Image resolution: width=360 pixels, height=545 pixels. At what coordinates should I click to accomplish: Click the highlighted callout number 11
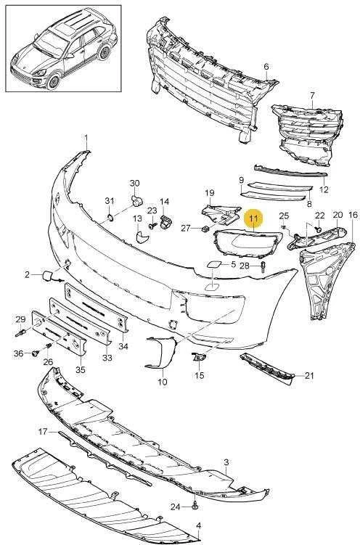(254, 219)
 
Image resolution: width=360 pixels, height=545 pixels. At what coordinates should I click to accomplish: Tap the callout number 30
(134, 183)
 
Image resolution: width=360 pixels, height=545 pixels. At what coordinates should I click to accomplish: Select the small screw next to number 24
(195, 506)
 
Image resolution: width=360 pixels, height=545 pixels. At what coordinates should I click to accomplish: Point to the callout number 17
(43, 432)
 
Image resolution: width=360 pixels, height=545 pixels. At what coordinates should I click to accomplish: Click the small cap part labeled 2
(47, 276)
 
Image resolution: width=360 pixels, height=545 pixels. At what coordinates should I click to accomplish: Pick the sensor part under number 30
(136, 200)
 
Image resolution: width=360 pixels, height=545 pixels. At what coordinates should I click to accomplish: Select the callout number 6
(266, 66)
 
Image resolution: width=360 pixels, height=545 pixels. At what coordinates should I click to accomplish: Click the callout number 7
(312, 95)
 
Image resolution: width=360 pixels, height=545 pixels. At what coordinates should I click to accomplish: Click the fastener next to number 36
(35, 353)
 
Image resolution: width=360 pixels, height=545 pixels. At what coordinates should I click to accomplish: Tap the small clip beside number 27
(205, 228)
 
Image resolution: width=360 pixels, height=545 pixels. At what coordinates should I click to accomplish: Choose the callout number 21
(309, 375)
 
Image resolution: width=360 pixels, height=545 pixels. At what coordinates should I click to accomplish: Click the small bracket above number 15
(199, 357)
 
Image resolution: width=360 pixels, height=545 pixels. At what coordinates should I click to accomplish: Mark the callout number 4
(198, 526)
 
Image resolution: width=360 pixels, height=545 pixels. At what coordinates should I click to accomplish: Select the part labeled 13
(142, 237)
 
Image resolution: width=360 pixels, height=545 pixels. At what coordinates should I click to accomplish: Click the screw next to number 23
(152, 226)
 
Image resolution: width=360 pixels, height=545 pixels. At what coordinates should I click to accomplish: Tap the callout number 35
(81, 370)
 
